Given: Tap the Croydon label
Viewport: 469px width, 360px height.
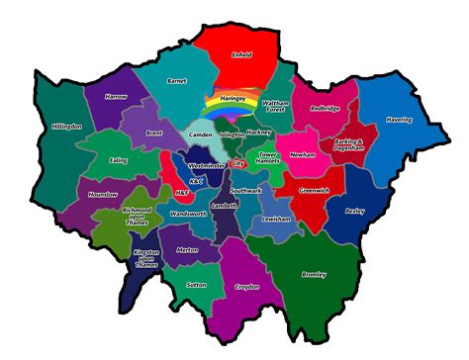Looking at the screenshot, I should coord(247,288).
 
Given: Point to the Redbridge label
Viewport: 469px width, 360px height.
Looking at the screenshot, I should coord(325,109).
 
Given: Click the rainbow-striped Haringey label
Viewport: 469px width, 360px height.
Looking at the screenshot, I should coord(233,99).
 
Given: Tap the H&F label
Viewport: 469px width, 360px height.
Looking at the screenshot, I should coord(179,192).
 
